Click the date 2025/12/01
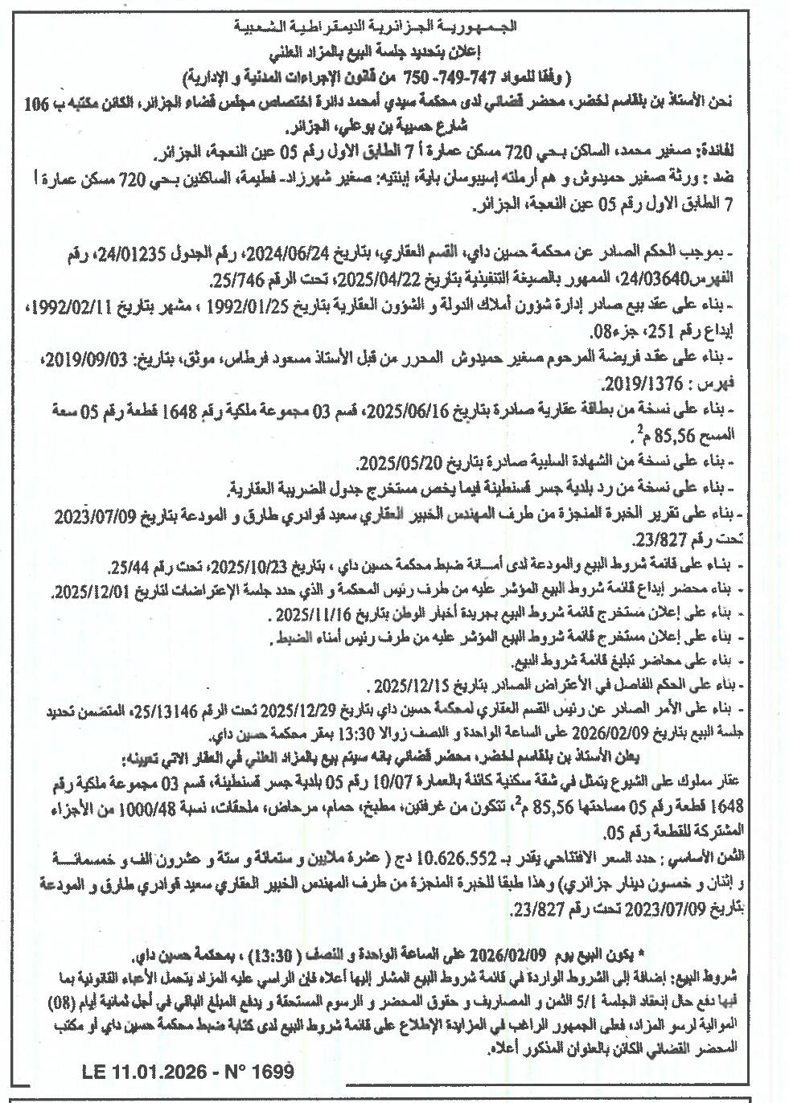pos(90,593)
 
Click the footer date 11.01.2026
pos(158,1072)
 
